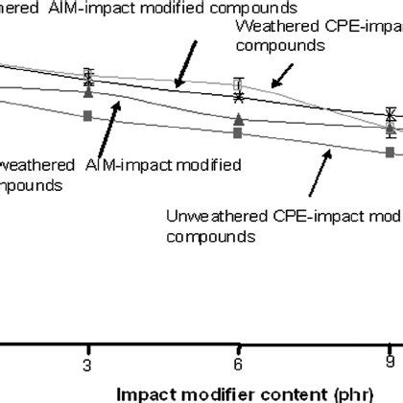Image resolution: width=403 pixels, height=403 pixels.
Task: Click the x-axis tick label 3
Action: pos(88,366)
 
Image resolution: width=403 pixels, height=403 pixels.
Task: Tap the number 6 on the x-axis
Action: pos(239,366)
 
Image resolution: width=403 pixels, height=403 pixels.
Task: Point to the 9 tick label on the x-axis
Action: pos(390,366)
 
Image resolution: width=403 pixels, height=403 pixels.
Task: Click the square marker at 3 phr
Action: pos(88,115)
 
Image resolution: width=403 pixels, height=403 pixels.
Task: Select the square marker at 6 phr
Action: pos(239,133)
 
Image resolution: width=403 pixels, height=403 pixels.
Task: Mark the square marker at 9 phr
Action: pos(390,153)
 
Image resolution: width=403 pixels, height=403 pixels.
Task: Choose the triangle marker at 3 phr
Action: pos(88,93)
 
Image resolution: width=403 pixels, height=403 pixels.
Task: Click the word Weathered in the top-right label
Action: pos(269,25)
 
